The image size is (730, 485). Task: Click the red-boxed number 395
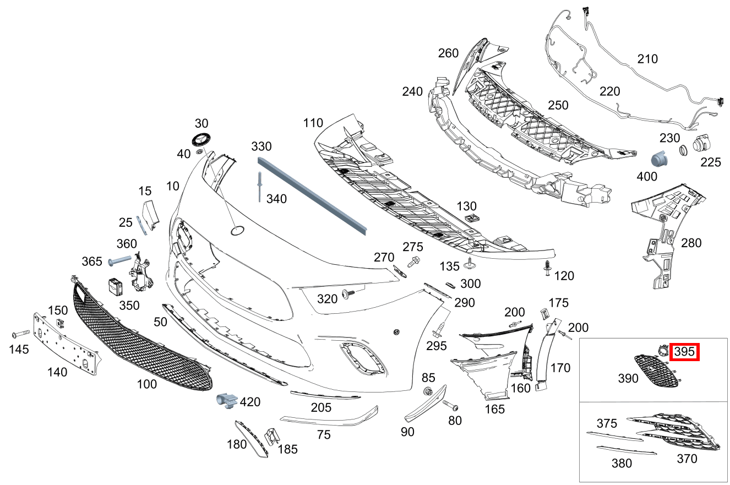tap(684, 352)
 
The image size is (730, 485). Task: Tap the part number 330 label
tap(262, 146)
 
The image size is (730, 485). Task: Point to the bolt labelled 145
tap(20, 334)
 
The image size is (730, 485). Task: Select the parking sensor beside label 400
tap(659, 159)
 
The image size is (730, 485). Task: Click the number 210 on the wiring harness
tap(647, 58)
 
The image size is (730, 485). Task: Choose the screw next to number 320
tap(348, 294)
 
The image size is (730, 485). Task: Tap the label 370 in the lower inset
tap(687, 458)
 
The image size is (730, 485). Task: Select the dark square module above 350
tap(116, 286)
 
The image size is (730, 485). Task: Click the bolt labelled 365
tap(119, 260)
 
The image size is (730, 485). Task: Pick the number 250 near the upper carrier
tap(558, 105)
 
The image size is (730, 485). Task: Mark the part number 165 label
tap(494, 410)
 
